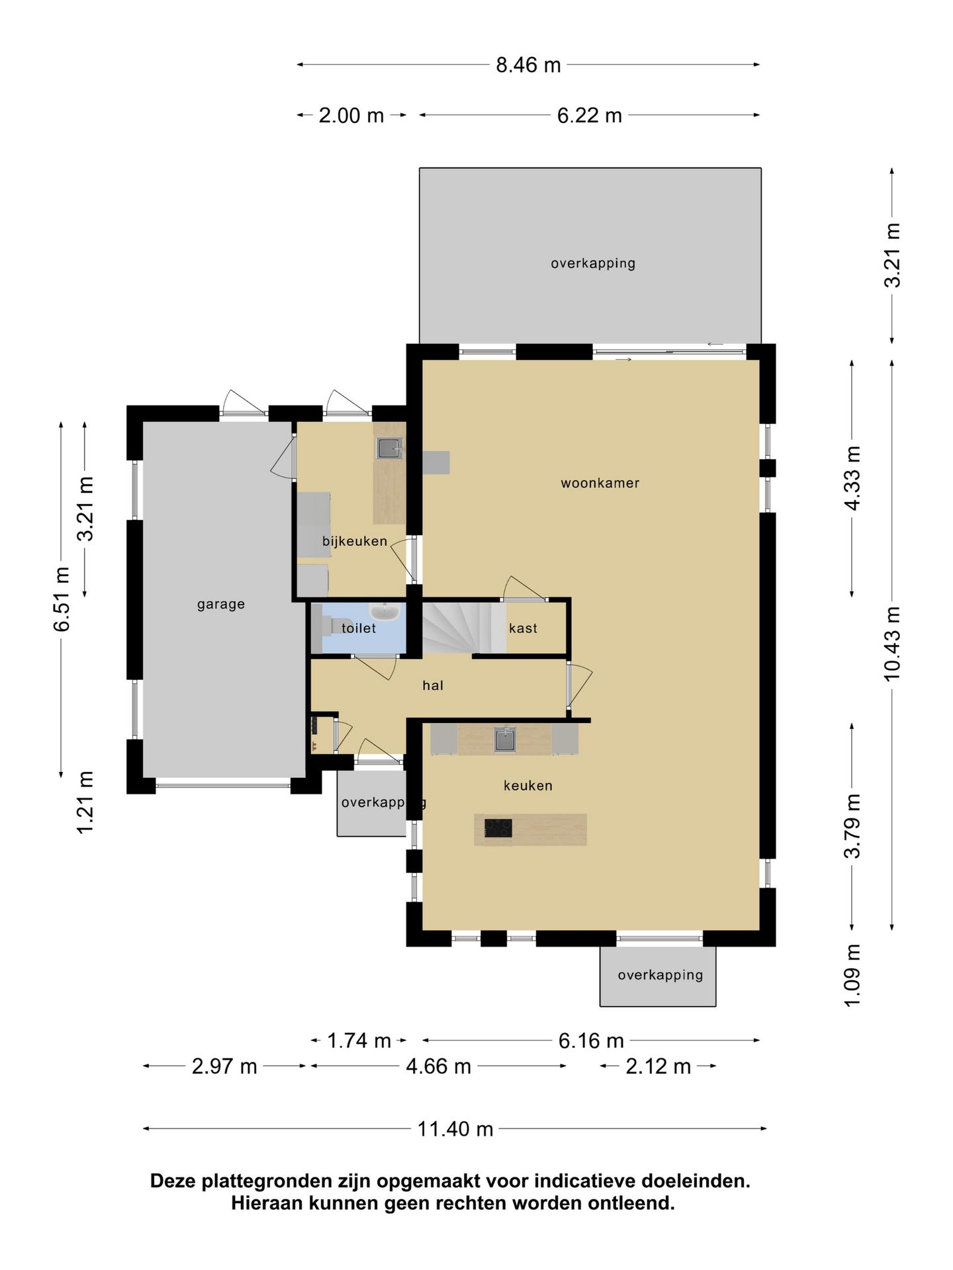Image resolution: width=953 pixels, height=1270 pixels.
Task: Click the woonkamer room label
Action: coord(600,483)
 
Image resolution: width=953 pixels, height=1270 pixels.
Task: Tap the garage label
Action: coord(221,605)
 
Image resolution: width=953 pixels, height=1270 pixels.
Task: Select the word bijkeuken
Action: coord(355,541)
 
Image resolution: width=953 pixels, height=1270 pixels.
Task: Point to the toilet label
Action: coord(359,628)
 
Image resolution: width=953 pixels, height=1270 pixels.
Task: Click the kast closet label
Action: coord(523,628)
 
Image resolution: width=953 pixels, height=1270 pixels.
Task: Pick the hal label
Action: coord(433,685)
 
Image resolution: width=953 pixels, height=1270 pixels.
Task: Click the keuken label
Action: coord(527,786)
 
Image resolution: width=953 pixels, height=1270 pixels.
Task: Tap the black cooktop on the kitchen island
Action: coord(498,828)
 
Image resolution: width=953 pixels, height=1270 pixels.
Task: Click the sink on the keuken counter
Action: coord(505,740)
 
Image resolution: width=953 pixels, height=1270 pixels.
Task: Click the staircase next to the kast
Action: coord(457,626)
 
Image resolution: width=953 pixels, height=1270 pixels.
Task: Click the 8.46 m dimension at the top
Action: coord(528,65)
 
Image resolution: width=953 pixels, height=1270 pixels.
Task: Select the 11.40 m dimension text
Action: coord(455,1128)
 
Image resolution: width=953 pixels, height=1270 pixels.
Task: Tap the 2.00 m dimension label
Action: coord(351,116)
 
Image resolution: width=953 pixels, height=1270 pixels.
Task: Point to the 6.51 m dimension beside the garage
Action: coord(62,599)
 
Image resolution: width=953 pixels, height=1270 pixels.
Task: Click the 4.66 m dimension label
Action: coord(438,1066)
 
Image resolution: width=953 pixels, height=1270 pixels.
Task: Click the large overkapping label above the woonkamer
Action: coord(593,263)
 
